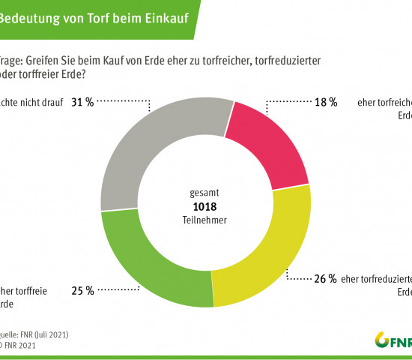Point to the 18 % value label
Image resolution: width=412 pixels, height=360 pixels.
(326, 101)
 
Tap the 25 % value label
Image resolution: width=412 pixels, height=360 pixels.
(82, 289)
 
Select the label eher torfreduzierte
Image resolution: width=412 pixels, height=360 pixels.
(375, 279)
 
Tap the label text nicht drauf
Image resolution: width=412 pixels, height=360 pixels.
(30, 101)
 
